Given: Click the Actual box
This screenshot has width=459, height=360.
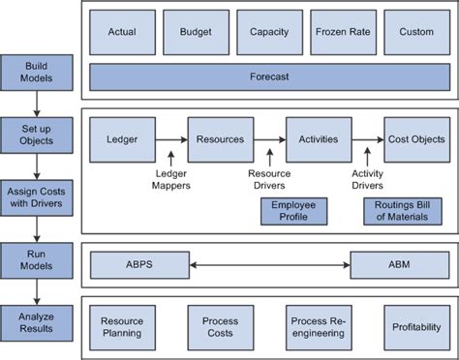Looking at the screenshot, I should pos(120,32).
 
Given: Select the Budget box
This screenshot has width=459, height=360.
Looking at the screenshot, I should pos(195,32).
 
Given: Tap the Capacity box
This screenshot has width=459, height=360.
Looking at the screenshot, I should pos(268,32).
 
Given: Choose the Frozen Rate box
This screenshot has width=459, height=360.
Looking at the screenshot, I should pos(342,32).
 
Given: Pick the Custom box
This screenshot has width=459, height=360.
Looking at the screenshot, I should pos(416,32).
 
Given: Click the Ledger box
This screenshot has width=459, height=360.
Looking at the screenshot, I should pos(121,139).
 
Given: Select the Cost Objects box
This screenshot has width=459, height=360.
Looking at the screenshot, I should pos(416,139).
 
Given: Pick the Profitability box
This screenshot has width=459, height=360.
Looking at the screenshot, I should pos(416,326).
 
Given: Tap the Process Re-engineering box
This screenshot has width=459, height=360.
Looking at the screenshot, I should pos(319,326).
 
